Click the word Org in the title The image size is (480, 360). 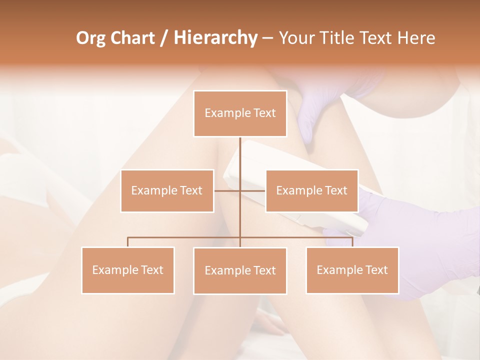(91, 38)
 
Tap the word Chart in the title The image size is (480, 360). (132, 38)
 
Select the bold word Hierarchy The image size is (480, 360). (215, 38)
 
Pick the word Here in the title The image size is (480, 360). (416, 38)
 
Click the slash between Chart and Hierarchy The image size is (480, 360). (164, 38)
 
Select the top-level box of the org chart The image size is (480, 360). (240, 113)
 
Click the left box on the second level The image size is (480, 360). (167, 190)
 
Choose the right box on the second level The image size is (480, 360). (312, 190)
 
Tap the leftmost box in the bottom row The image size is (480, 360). (128, 270)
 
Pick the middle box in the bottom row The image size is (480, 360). (240, 270)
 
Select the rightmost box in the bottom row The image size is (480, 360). (352, 270)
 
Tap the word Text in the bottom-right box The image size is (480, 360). (376, 270)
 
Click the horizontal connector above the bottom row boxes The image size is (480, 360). (185, 237)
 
